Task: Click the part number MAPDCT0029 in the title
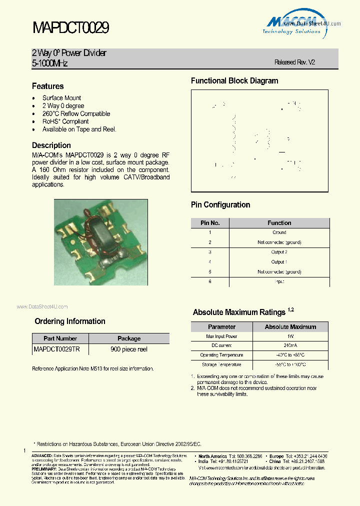coord(70,27)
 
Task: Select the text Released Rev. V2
coord(294,62)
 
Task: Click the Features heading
coord(48,86)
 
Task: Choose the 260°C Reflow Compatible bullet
coord(76,113)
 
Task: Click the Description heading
coord(51,145)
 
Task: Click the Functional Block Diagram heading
coord(234,81)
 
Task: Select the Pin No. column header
coord(210,223)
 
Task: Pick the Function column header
coord(279,223)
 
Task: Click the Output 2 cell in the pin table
coord(279,252)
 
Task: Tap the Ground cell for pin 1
coord(279,232)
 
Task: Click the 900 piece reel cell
coord(129,349)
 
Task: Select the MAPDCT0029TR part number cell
coord(56,349)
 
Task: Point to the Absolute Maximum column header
coord(290,327)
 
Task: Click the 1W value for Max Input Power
coord(290,336)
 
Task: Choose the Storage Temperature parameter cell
coord(221,365)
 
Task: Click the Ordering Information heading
coord(70,321)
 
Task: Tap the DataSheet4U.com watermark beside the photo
coord(42,307)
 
